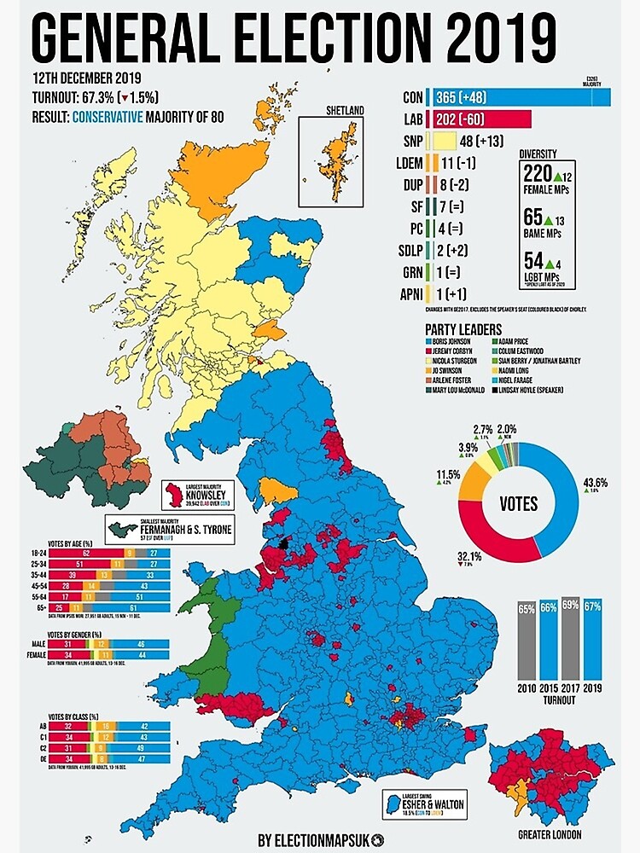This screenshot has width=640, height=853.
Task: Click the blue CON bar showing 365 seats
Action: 521,97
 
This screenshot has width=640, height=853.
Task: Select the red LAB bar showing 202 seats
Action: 481,119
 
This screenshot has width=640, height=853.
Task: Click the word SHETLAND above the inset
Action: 345,111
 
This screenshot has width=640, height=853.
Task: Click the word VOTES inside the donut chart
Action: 519,503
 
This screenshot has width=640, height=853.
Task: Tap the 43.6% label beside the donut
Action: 596,482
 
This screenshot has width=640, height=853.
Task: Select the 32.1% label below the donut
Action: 468,556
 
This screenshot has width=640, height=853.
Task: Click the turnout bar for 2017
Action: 571,639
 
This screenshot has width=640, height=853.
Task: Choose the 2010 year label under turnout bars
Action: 527,688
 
